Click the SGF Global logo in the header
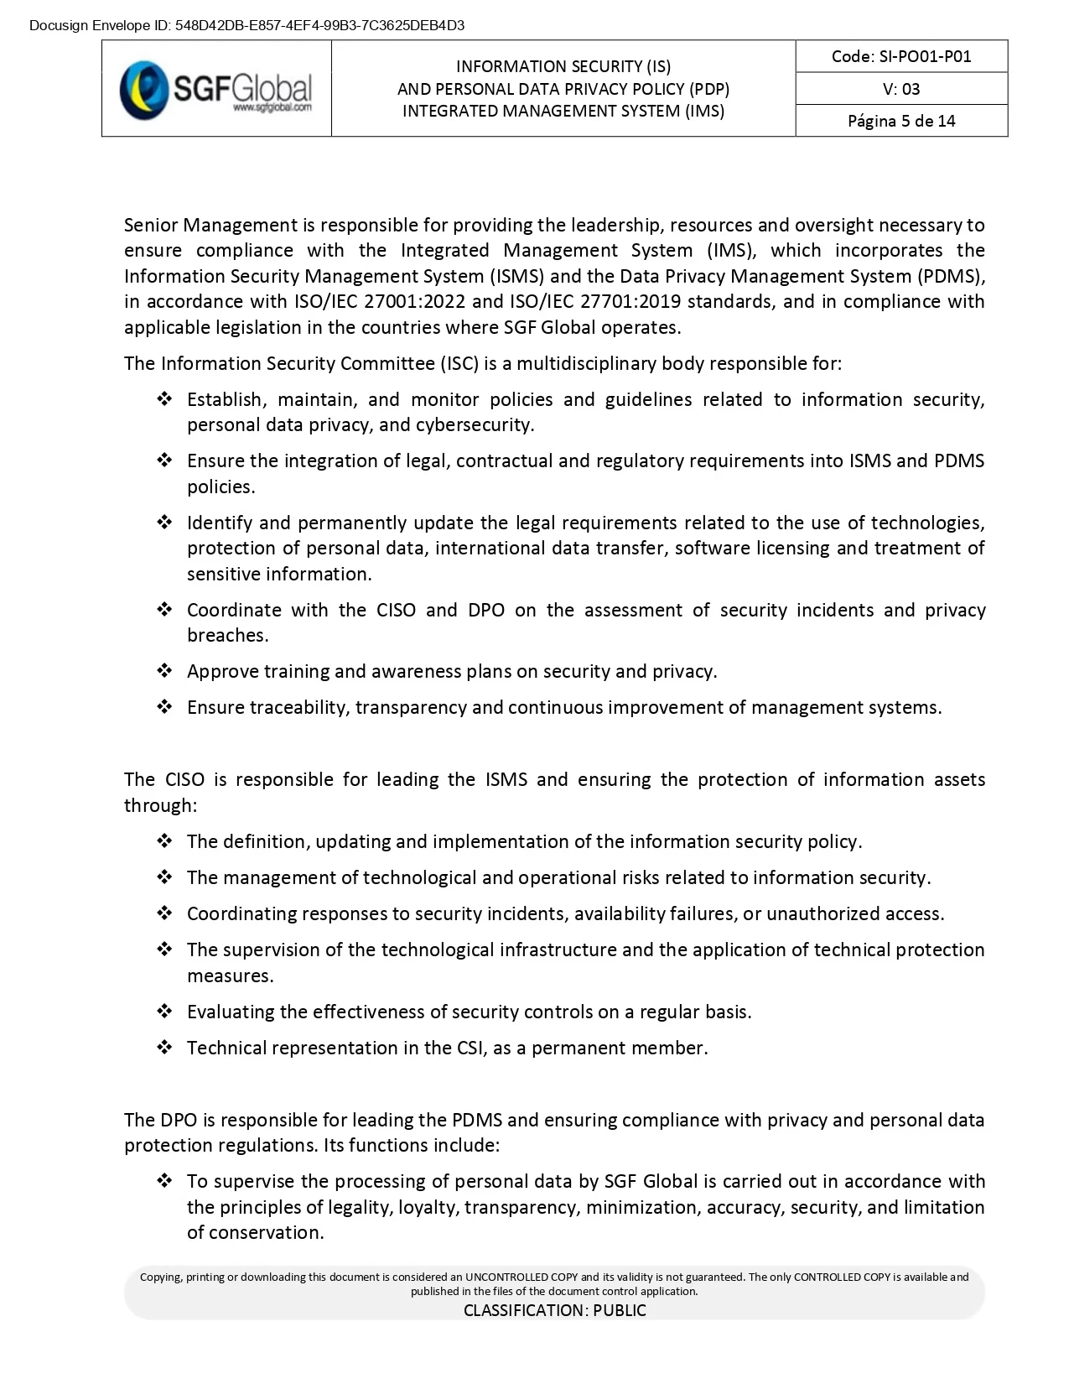pos(216,88)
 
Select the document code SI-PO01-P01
pos(901,56)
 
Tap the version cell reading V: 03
pos(901,89)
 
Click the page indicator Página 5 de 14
pos(901,121)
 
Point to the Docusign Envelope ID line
pos(246,25)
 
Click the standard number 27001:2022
pos(405,302)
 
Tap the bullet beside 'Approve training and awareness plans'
pos(164,671)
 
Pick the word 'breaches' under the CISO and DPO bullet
pos(227,636)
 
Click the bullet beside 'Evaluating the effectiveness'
pos(164,1012)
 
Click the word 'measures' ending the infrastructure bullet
pos(230,976)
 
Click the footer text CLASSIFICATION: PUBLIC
pos(554,1310)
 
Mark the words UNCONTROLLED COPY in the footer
pos(521,1277)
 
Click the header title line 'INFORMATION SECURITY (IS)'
pos(563,66)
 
